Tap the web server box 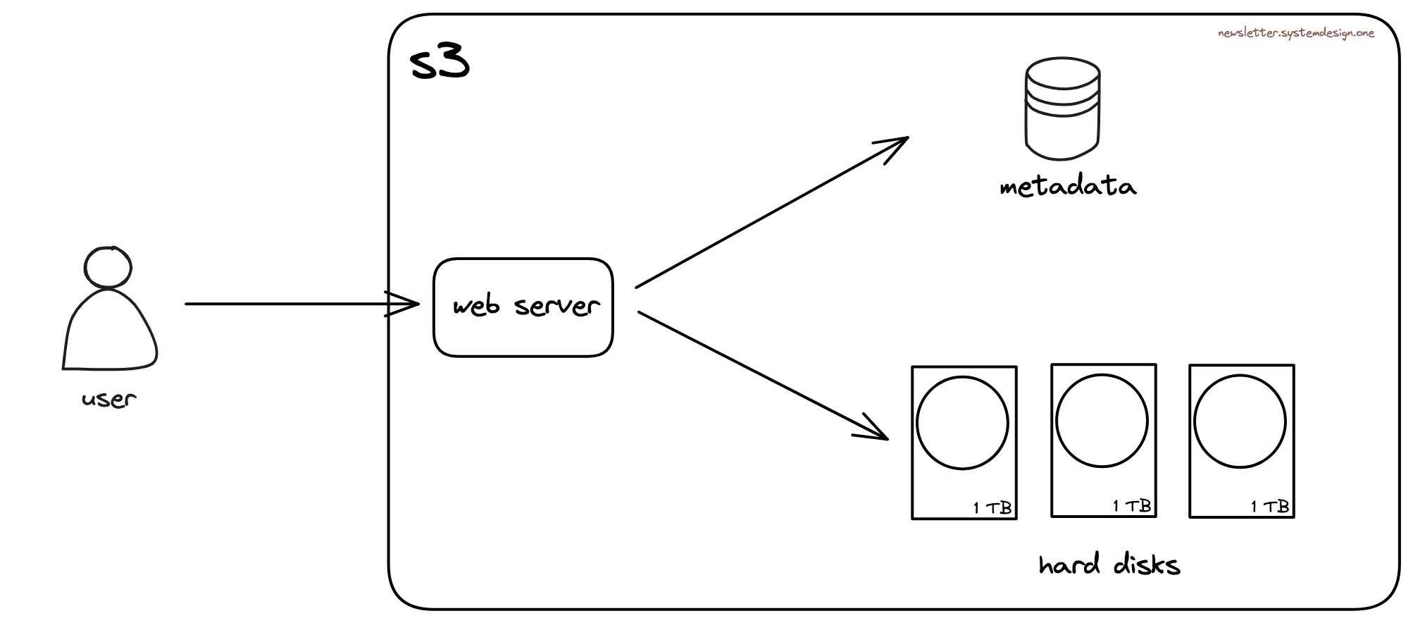point(523,307)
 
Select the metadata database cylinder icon point(1062,109)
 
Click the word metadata point(1067,187)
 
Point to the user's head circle point(108,267)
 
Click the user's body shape point(110,331)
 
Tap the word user point(108,400)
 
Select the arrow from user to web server point(296,304)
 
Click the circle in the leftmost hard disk point(962,423)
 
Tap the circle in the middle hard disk point(1102,421)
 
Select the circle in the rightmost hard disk point(1240,422)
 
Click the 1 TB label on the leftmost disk point(992,507)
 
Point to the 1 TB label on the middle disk point(1132,506)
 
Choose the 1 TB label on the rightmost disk point(1270,506)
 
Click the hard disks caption point(1109,565)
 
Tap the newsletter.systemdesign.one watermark point(1295,33)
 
